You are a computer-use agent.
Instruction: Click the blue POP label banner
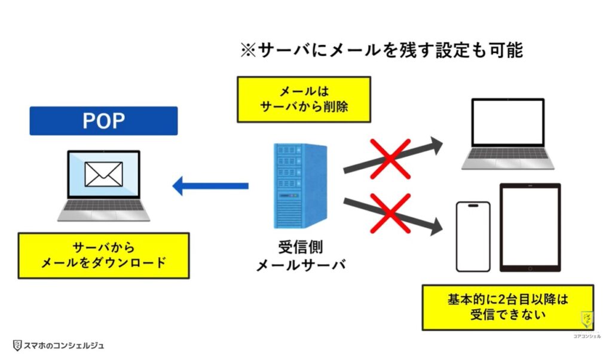[x=103, y=121]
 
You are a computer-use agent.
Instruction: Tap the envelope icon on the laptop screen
[x=103, y=175]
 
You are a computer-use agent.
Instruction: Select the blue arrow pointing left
[x=210, y=187]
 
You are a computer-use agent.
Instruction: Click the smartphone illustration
[x=473, y=237]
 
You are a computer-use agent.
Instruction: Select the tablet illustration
[x=530, y=228]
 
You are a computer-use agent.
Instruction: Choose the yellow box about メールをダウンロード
[x=103, y=255]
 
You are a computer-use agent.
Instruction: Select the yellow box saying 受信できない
[x=507, y=307]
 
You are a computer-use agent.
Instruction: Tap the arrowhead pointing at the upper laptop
[x=436, y=144]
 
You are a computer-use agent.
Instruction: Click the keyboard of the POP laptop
[x=103, y=206]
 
